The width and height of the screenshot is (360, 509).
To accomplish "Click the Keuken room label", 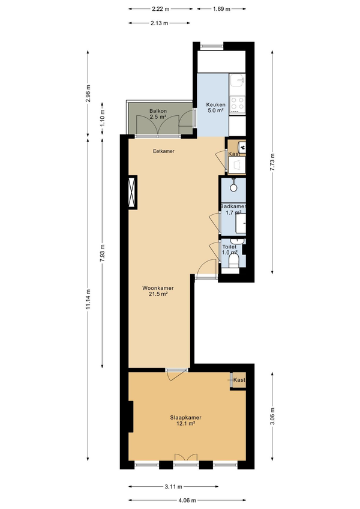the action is coord(216,105).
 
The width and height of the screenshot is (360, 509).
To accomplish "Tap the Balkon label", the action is coord(158,111).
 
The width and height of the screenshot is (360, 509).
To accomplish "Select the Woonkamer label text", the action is coord(158,288).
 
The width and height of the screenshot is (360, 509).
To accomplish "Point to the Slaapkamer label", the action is coord(185,418).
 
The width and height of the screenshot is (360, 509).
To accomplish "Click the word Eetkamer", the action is coord(164,151).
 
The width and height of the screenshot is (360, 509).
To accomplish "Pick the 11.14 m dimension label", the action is coord(88,299).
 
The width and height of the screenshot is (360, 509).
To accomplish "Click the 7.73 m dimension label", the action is coord(272,161).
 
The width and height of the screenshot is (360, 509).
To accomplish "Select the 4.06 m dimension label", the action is coord(187,501).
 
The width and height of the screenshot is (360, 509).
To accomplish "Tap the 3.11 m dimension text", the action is coord(173,487).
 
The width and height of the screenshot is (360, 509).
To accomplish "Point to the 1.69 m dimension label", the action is coord(222,9).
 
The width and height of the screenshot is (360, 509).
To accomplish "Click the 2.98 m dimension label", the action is coord(88,94).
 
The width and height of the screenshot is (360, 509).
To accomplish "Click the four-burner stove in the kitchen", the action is coord(237,104).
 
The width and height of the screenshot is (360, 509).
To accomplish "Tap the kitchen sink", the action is coord(237,80).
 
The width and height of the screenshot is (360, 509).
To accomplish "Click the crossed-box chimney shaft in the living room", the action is coord(133,192).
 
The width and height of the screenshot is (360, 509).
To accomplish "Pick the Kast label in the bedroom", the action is coord(239,380).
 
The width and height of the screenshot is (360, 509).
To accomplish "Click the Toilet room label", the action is coord(229,247).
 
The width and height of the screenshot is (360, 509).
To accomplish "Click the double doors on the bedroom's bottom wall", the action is coord(186,458).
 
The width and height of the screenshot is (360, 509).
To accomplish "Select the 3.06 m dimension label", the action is coord(272,416).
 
